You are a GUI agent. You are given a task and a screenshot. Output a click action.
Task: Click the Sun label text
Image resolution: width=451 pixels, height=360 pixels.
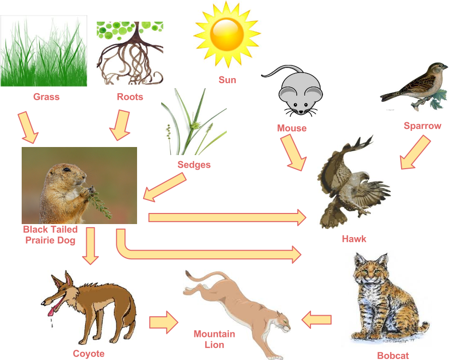click(227, 80)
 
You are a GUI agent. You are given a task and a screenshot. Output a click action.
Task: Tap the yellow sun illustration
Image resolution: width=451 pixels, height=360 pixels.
click(227, 34)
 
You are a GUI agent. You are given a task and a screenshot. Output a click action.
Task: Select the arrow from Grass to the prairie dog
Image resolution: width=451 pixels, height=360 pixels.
click(28, 126)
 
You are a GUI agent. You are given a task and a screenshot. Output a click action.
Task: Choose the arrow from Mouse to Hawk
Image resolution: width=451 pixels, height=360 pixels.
click(293, 153)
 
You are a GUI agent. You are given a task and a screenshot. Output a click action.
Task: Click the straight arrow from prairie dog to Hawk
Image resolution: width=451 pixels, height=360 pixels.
click(227, 218)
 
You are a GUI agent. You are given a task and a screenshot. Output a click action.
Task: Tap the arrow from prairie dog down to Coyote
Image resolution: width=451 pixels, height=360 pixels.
click(91, 246)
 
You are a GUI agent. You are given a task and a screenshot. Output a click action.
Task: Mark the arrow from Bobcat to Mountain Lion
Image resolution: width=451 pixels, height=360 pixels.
click(316, 319)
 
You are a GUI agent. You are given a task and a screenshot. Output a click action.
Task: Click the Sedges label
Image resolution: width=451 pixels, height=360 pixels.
click(194, 165)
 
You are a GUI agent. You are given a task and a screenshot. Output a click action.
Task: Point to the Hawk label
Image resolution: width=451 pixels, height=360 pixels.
click(354, 239)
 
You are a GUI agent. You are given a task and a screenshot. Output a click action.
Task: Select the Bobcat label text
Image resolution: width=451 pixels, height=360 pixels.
click(393, 355)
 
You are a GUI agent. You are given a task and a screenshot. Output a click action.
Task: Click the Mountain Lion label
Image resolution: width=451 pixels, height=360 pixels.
click(214, 339)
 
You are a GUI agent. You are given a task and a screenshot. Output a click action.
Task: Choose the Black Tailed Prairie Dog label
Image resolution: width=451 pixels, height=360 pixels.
click(50, 235)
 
